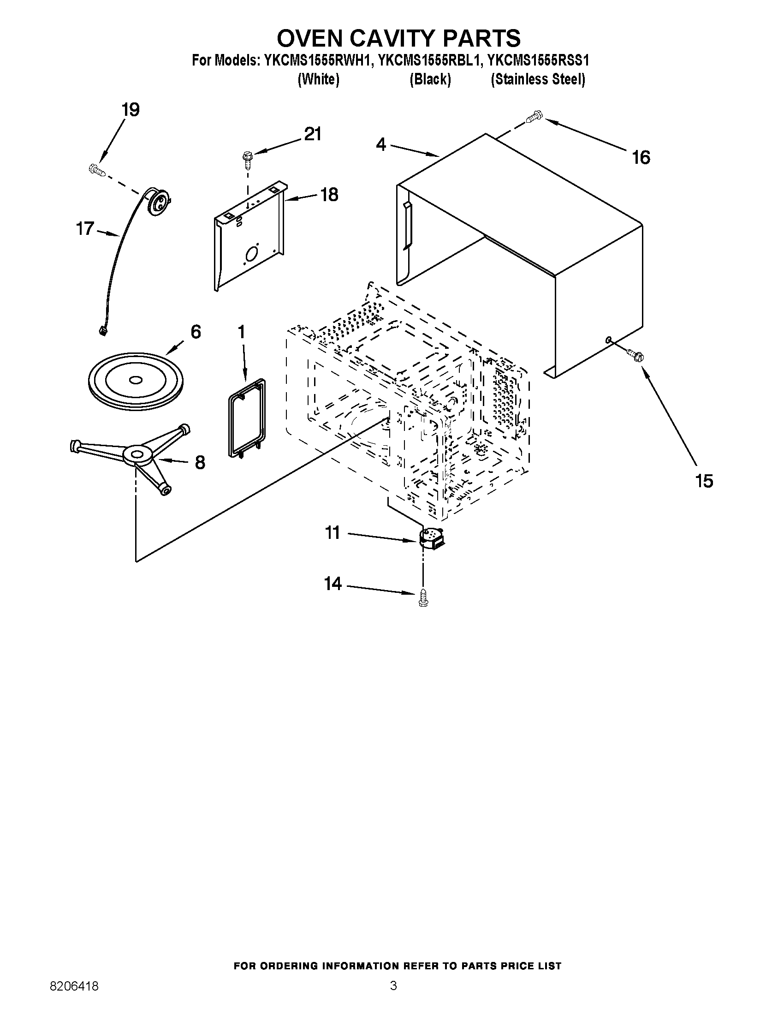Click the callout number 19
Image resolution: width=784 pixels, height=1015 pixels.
point(131,110)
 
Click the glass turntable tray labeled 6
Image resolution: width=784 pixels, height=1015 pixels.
point(135,380)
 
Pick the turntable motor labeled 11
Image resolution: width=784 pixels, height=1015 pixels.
point(431,537)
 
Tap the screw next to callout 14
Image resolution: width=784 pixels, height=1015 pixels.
point(422,597)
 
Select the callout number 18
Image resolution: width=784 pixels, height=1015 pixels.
point(329,195)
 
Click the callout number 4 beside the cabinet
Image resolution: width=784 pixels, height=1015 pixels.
point(380,144)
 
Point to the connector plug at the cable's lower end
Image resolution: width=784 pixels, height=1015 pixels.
point(101,330)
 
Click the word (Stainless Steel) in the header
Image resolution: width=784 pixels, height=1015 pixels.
point(538,79)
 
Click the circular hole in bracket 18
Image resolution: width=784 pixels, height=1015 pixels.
point(251,254)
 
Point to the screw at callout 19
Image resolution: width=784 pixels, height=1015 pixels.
point(96,170)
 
